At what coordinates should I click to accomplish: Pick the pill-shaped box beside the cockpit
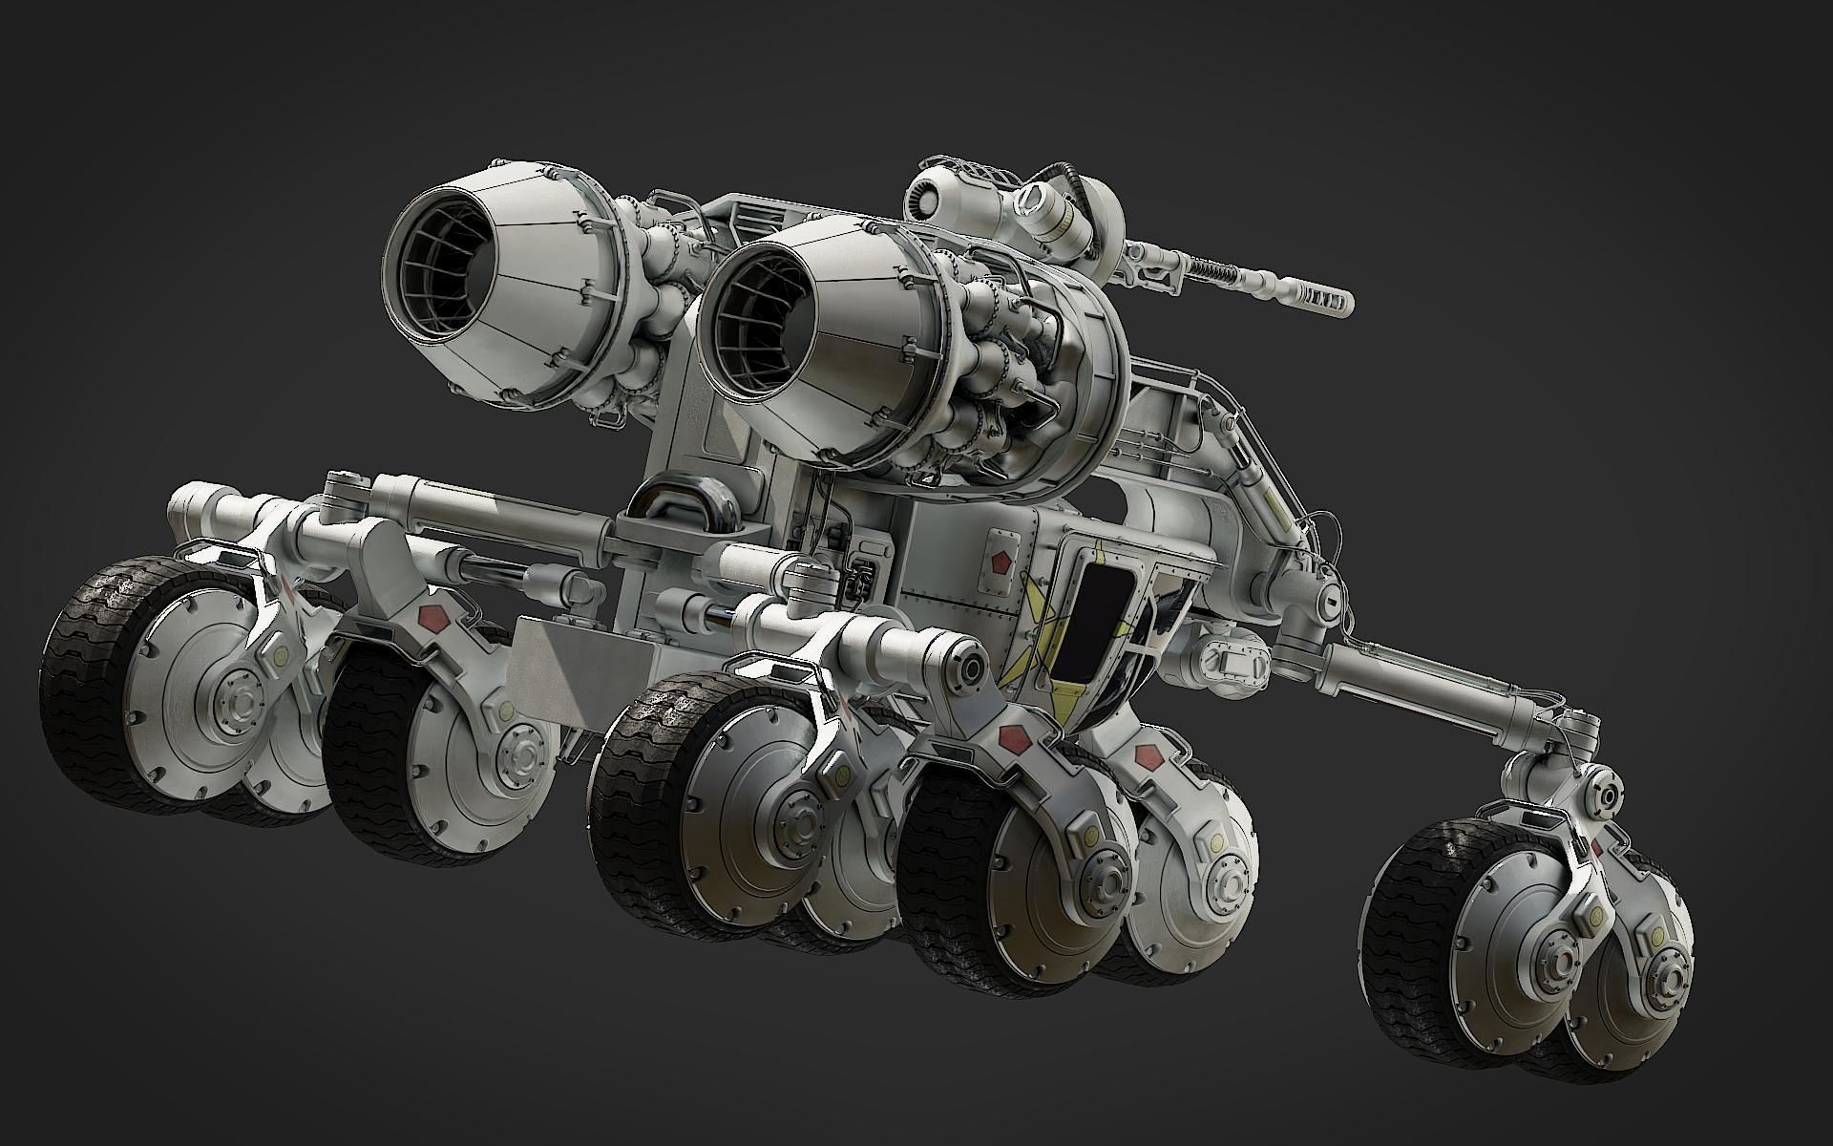[x=1236, y=659]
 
